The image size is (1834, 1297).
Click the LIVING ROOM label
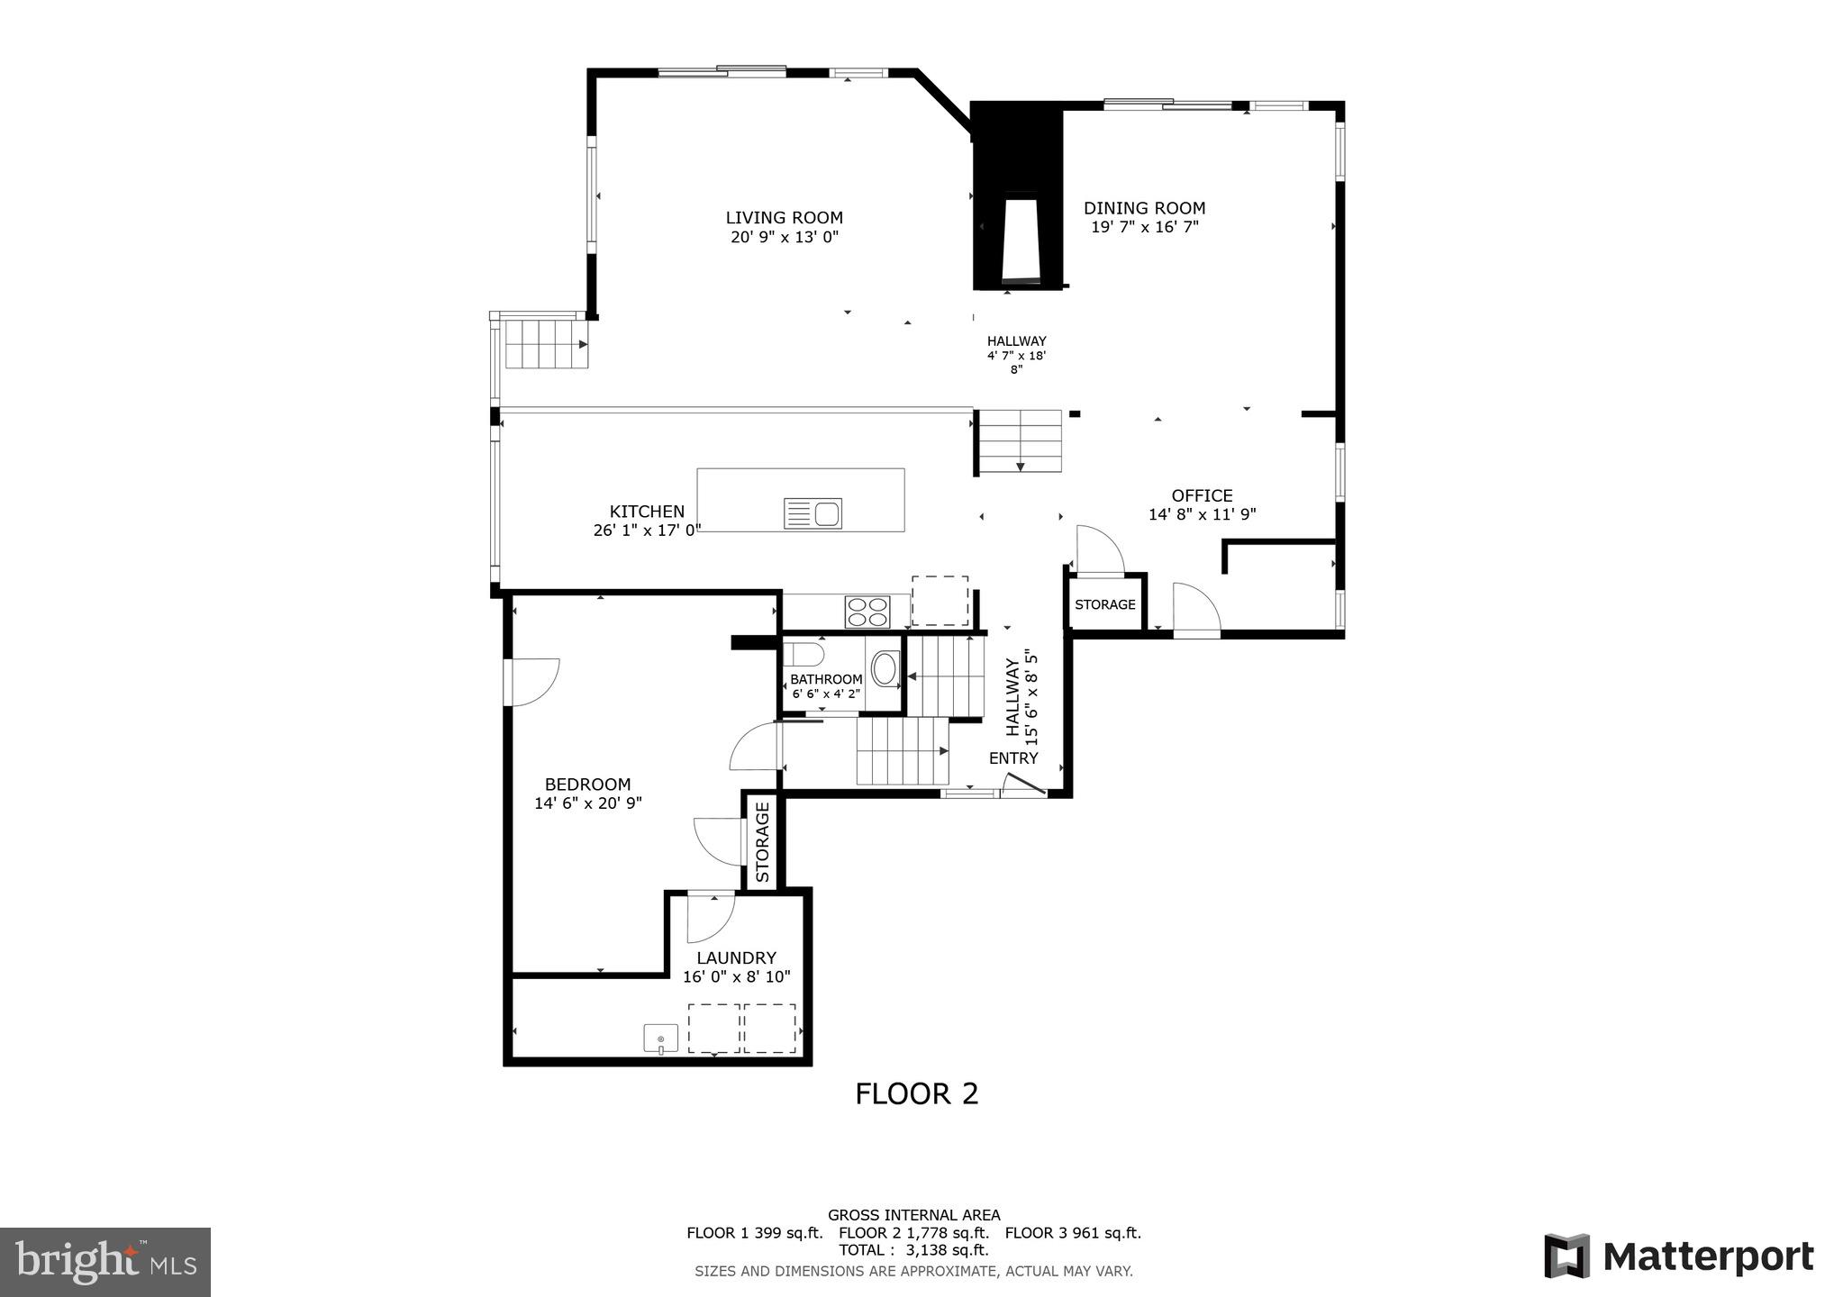tap(784, 217)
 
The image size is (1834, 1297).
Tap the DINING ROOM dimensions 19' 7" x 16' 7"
tap(1144, 227)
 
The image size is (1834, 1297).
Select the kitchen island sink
tap(813, 513)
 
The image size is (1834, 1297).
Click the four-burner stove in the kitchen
tap(867, 612)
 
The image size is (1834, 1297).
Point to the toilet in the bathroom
tap(803, 652)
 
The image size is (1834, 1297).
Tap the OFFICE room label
tap(1202, 495)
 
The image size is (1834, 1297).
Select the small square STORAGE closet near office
tap(1105, 603)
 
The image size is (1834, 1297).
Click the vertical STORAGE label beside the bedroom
tap(762, 842)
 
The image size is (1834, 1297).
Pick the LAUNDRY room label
tap(736, 957)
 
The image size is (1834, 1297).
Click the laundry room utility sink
tap(661, 1038)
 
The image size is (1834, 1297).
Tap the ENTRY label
tap(1013, 757)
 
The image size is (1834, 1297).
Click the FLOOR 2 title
tap(916, 1093)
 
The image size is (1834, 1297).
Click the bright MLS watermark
tap(105, 1261)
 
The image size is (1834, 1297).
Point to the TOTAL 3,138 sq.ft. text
tap(913, 1250)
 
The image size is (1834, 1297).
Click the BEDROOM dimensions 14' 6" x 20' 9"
tap(587, 803)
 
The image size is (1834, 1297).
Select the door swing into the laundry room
tap(710, 917)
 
